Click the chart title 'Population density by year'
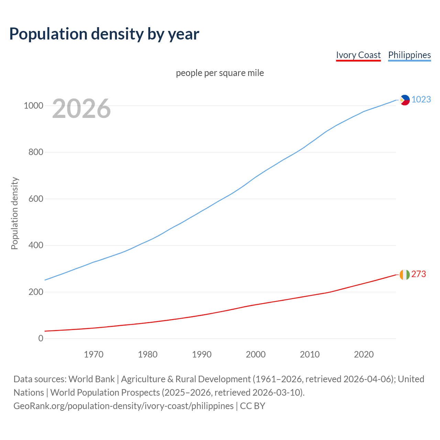click(x=104, y=34)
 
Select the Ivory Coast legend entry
click(x=358, y=55)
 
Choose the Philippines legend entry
click(x=409, y=55)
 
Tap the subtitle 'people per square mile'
click(x=220, y=73)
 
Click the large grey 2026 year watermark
click(x=81, y=109)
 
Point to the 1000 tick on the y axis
click(x=33, y=106)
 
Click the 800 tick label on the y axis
click(x=36, y=152)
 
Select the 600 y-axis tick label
click(x=36, y=199)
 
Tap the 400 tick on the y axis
click(x=36, y=245)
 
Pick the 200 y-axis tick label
click(x=36, y=292)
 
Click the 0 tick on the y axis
click(x=41, y=339)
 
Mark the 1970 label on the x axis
click(x=93, y=354)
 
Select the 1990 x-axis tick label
click(x=202, y=354)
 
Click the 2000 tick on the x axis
click(x=256, y=354)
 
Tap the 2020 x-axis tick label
click(x=364, y=354)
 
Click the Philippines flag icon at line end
click(x=405, y=100)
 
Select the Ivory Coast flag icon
click(x=405, y=275)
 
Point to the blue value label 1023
click(x=421, y=100)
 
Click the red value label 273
click(x=419, y=274)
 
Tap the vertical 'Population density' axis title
click(x=14, y=213)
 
